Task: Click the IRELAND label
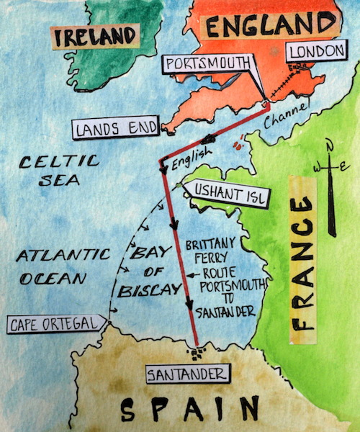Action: (96, 36)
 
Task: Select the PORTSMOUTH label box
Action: (204, 63)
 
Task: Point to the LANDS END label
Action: (115, 130)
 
